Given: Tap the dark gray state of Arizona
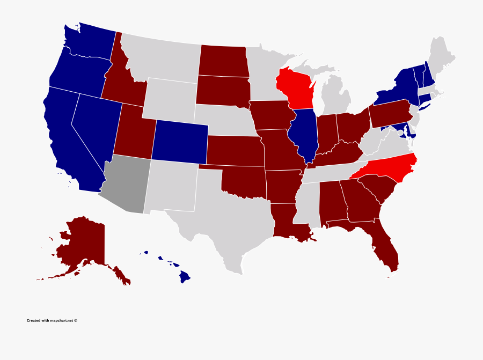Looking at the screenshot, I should click(x=126, y=185).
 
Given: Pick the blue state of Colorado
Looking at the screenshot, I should click(x=180, y=141).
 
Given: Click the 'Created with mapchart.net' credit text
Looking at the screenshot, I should click(x=52, y=321).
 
